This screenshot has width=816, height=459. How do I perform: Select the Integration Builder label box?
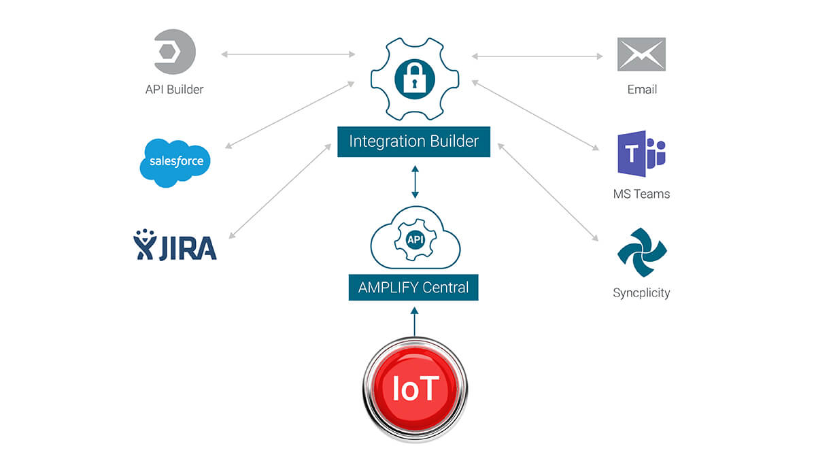point(413,141)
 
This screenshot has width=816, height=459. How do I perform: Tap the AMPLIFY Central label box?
point(413,287)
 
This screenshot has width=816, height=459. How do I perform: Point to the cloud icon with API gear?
point(415,239)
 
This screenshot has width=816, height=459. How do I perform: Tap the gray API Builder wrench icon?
point(175,52)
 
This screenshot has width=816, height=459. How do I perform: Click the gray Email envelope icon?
point(641,54)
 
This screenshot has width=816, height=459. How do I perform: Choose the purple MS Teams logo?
point(641,154)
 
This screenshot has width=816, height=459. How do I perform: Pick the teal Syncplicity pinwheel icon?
point(641,252)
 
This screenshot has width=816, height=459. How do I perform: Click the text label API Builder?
point(174,89)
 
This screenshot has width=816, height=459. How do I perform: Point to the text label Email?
point(641,89)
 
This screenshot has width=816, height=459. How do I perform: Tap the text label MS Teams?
point(641,194)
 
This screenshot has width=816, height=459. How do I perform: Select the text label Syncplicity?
point(641,293)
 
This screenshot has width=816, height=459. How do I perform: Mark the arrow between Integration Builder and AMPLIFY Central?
point(414,181)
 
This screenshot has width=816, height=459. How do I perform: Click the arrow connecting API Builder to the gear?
point(287,54)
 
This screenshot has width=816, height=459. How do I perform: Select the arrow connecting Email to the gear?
point(537,56)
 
